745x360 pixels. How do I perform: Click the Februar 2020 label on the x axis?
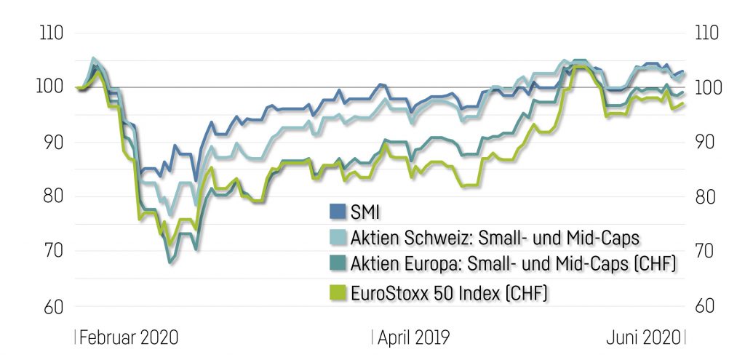pyautogui.click(x=129, y=338)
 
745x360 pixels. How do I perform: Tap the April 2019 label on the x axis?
pyautogui.click(x=413, y=338)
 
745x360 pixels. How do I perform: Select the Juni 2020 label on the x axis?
pyautogui.click(x=643, y=338)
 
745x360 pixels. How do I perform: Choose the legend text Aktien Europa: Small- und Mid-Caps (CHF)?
pyautogui.click(x=513, y=264)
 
